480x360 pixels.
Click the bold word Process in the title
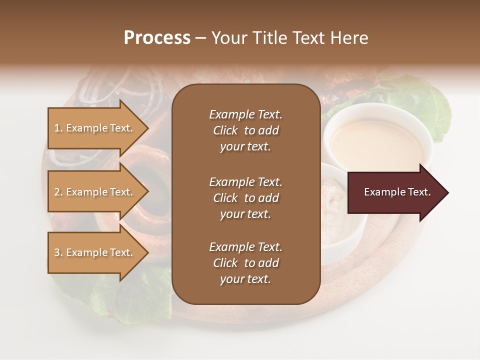point(157,38)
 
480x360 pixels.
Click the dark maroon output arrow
point(395,192)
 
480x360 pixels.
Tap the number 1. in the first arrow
point(58,128)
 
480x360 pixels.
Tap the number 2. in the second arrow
point(58,192)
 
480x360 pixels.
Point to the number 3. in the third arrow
point(58,252)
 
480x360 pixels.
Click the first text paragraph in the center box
point(245,130)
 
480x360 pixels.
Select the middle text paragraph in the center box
point(245,198)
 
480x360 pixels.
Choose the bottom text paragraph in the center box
point(245,263)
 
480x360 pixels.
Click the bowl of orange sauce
point(377,140)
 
